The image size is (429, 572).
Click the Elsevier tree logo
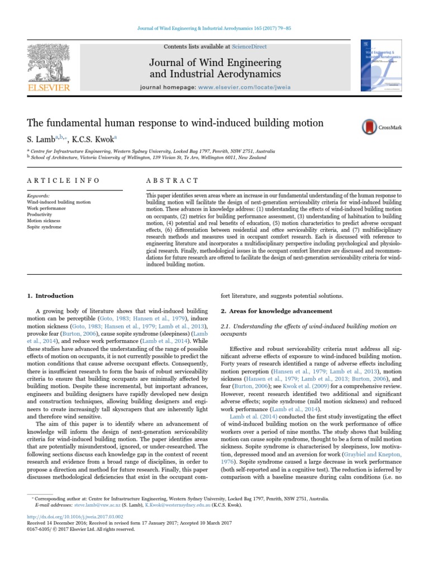coord(49,62)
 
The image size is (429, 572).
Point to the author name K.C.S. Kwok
coord(96,139)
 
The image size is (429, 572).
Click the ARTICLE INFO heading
coord(63,180)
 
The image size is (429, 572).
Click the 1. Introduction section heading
coord(50,295)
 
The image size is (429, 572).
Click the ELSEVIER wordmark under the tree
coord(49,88)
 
